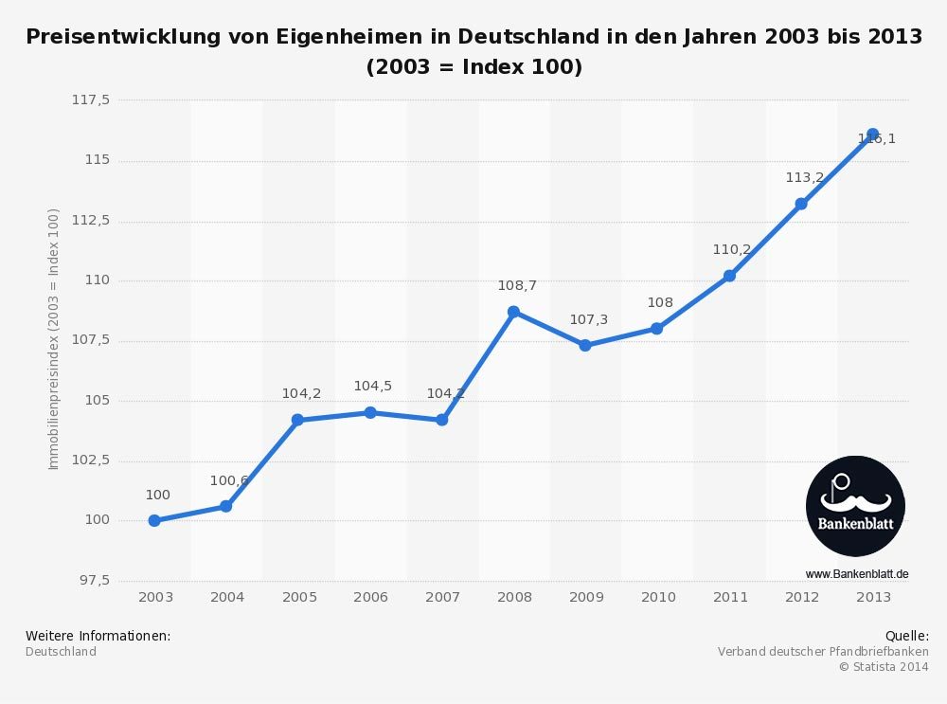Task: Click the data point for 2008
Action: [x=513, y=312]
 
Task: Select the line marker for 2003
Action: [x=154, y=520]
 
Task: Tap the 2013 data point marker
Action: [x=872, y=135]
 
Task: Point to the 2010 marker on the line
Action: [x=656, y=328]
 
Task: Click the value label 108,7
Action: [x=517, y=285]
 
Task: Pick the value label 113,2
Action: [x=804, y=177]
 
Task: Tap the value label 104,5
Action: [x=372, y=386]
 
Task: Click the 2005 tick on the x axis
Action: [x=299, y=597]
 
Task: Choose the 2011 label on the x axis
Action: [x=730, y=597]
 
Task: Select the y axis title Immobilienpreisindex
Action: [x=54, y=339]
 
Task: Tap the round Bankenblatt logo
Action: [x=855, y=506]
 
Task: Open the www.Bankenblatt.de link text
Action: [x=857, y=574]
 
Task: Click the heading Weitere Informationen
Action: [x=98, y=636]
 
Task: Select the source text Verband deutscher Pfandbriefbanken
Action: [x=823, y=652]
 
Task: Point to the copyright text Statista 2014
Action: [x=884, y=667]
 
